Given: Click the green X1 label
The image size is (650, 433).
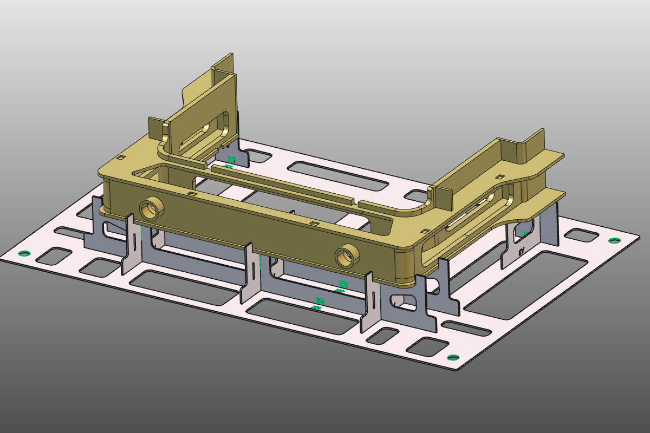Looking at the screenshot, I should (x=231, y=160).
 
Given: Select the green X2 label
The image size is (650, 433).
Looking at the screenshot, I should (x=342, y=284).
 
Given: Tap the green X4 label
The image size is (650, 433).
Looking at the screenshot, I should (x=320, y=301).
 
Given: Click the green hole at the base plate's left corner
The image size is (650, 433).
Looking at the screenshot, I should (x=23, y=253).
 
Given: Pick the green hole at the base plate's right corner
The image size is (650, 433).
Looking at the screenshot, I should (x=613, y=240).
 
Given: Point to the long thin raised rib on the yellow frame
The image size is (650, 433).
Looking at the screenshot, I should (x=282, y=184).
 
